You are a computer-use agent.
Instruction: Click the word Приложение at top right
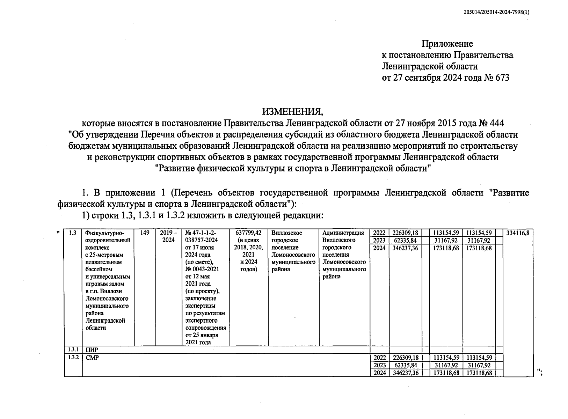point(447,44)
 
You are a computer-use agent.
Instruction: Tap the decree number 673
point(502,77)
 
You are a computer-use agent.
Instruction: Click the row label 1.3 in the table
point(73,233)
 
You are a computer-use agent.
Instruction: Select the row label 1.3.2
point(73,358)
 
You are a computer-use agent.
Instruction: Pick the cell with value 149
point(145,233)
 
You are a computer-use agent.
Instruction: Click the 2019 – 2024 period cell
point(168,236)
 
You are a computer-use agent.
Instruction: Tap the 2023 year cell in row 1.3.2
point(379,365)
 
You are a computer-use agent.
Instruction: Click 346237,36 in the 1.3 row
point(405,248)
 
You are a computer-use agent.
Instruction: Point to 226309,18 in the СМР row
point(405,358)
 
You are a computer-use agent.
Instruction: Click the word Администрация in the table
point(343,233)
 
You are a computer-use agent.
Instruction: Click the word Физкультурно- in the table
point(105,233)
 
